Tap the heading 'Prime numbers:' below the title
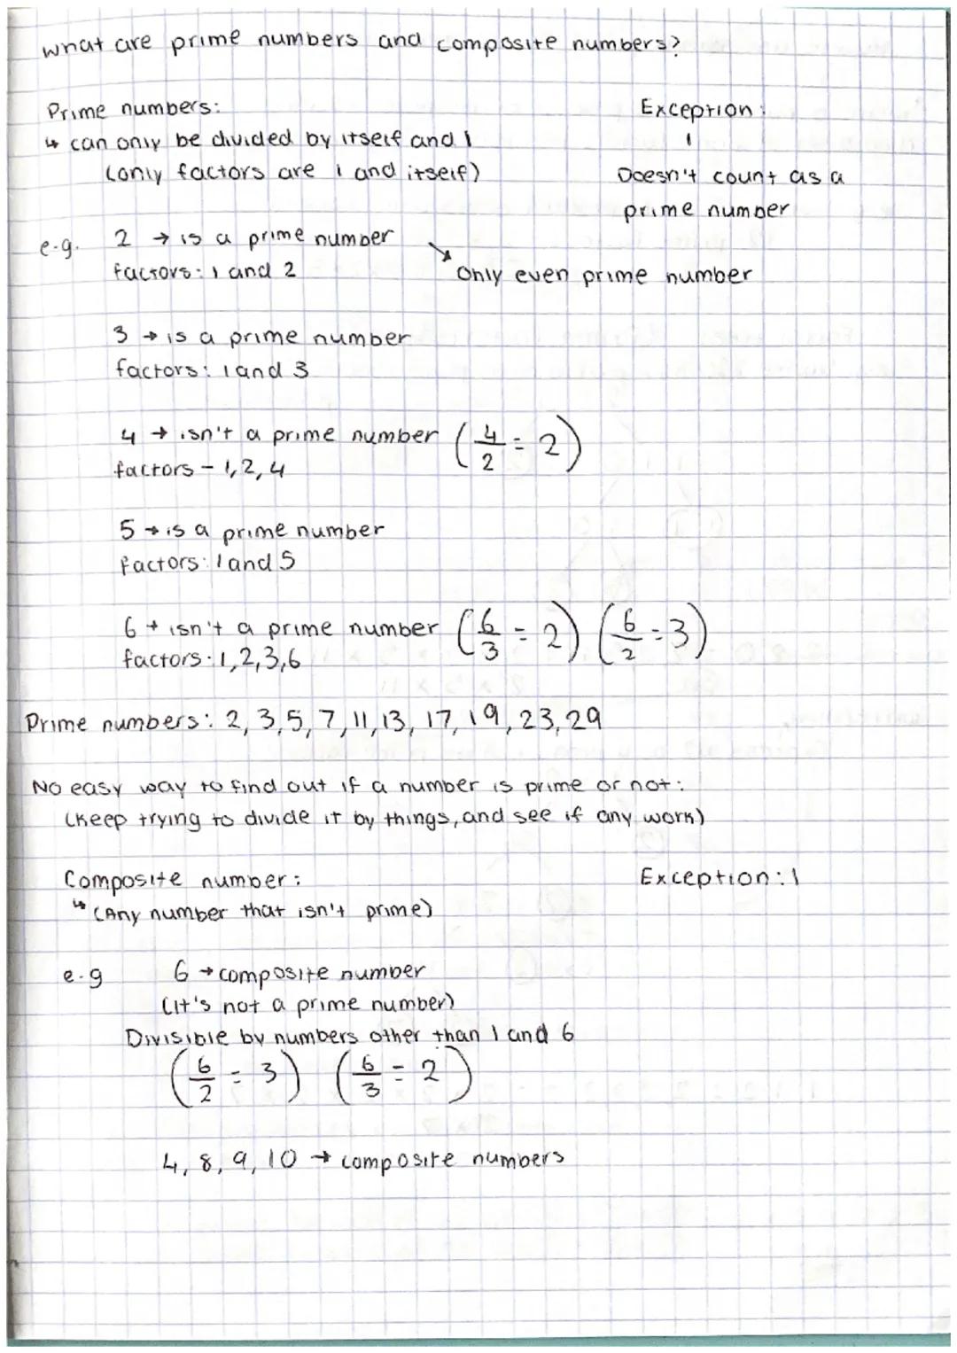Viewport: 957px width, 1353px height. [x=133, y=111]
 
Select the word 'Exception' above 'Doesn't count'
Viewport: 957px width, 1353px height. [x=696, y=110]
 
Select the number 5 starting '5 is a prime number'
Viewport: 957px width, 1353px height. [x=127, y=530]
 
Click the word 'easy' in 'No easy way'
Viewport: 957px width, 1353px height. [x=95, y=787]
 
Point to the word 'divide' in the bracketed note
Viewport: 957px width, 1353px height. [x=266, y=817]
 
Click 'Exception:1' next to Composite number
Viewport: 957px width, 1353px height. [x=719, y=877]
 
